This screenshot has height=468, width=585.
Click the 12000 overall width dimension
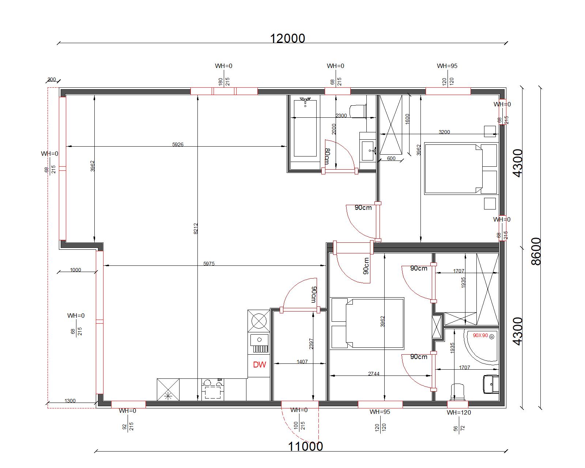pyautogui.click(x=287, y=38)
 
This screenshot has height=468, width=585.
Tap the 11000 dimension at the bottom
pyautogui.click(x=305, y=446)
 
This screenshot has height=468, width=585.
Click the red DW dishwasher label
pyautogui.click(x=259, y=365)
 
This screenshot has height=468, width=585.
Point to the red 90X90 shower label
pyautogui.click(x=480, y=336)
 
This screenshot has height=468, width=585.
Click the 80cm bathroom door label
pyautogui.click(x=327, y=156)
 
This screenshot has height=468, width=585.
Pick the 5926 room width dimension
pyautogui.click(x=178, y=144)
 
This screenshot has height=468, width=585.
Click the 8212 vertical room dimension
pyautogui.click(x=196, y=229)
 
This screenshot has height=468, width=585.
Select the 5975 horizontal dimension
pyautogui.click(x=209, y=263)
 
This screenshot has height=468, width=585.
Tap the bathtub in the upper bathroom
pyautogui.click(x=305, y=128)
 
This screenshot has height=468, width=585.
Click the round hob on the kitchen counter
pyautogui.click(x=259, y=321)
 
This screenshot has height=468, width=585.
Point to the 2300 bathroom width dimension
pyautogui.click(x=341, y=115)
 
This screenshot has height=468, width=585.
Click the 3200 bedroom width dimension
pyautogui.click(x=444, y=132)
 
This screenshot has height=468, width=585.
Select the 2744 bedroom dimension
pyautogui.click(x=374, y=374)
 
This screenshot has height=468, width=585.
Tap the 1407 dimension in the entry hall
pyautogui.click(x=302, y=361)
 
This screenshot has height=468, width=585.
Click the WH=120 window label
pyautogui.click(x=459, y=412)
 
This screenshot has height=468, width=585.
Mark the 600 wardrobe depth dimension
pyautogui.click(x=391, y=158)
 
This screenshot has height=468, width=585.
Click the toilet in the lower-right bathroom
pyautogui.click(x=457, y=392)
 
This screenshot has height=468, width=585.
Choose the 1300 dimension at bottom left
pyautogui.click(x=70, y=401)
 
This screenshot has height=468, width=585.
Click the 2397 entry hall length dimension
pyautogui.click(x=311, y=344)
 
